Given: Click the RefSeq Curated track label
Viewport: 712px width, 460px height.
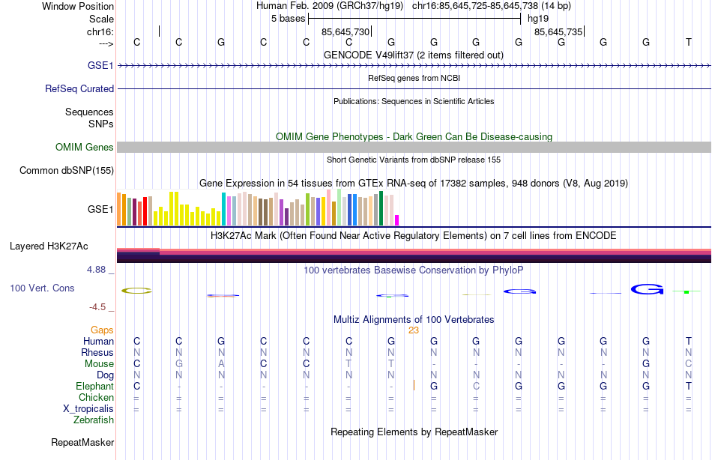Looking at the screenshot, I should (x=79, y=88).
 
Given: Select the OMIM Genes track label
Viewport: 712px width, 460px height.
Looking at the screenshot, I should (x=84, y=148).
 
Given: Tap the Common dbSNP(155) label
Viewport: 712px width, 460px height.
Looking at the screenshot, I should (x=67, y=171).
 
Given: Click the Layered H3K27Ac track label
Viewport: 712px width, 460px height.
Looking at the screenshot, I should (x=49, y=246).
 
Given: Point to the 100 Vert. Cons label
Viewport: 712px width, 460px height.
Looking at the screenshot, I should (x=42, y=288).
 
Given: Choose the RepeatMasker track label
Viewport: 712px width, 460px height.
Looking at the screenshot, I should (x=82, y=443).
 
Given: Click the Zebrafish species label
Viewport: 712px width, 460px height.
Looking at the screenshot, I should (x=94, y=420).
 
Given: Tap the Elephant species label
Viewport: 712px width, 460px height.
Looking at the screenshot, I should (x=94, y=387).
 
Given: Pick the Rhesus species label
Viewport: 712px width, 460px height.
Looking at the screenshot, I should (x=97, y=353).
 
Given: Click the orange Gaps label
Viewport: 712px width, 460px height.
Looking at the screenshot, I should (x=102, y=330).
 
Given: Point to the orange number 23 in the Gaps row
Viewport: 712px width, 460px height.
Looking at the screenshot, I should (x=414, y=330).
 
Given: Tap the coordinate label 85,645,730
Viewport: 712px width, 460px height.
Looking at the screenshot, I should (x=346, y=32).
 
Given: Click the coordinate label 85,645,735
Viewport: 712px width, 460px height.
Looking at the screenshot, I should (x=558, y=32).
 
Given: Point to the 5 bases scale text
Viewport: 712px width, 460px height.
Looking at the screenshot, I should (x=288, y=19).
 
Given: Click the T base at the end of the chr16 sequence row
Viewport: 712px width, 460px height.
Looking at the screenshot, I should (x=689, y=43).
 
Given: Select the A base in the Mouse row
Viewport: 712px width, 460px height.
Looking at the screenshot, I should (x=221, y=364).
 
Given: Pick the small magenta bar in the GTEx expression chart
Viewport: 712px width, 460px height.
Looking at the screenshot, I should (x=397, y=220).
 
